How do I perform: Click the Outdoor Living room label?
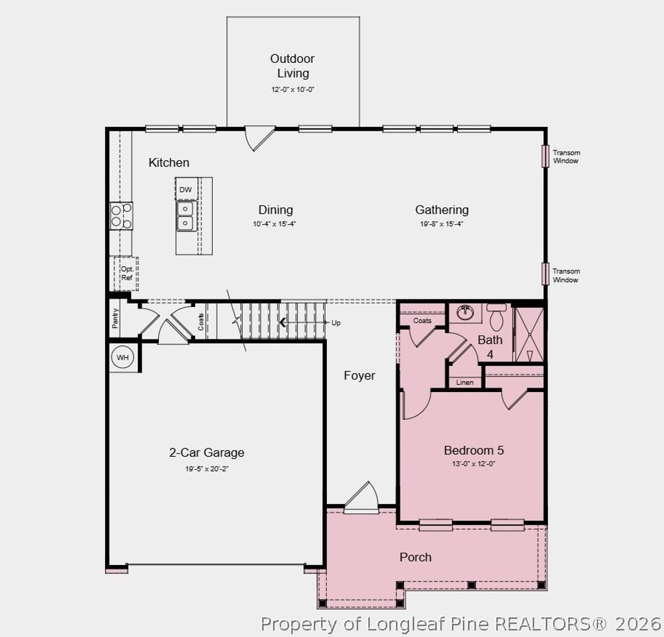292,65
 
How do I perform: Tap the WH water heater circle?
123,357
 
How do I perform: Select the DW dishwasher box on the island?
185,189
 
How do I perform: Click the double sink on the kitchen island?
185,216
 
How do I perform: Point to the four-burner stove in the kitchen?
121,215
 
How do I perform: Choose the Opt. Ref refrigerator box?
126,273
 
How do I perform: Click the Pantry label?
115,317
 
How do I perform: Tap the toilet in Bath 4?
497,318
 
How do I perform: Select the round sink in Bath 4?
465,313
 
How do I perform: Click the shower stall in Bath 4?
528,334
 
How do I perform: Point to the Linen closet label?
465,382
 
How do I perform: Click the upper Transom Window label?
566,157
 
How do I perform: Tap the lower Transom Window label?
566,275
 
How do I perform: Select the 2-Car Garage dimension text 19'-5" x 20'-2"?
207,469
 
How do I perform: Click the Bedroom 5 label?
473,450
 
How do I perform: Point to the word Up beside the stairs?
336,323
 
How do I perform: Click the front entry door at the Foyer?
361,499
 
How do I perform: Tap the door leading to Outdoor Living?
259,137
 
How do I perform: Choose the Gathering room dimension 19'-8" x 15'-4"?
442,224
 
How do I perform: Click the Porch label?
415,557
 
